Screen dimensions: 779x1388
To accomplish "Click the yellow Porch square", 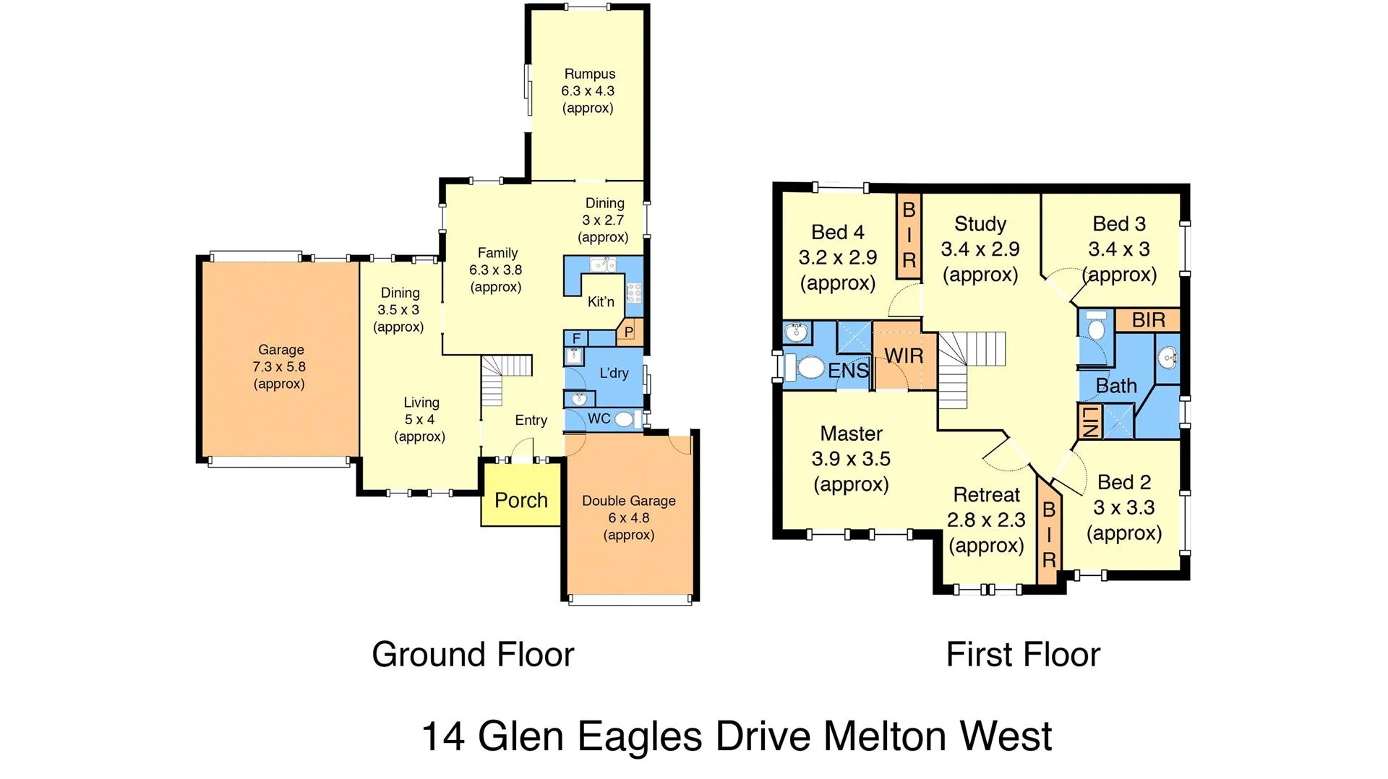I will pyautogui.click(x=521, y=495).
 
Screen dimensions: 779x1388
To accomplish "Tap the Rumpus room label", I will pyautogui.click(x=589, y=74).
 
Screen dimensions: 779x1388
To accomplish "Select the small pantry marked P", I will pyautogui.click(x=629, y=332).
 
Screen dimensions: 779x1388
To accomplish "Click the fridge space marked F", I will pyautogui.click(x=576, y=338).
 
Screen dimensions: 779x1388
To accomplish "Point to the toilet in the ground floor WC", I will pyautogui.click(x=623, y=418).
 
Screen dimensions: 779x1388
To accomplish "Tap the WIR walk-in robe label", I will pyautogui.click(x=904, y=356).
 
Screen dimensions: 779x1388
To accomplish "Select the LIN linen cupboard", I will pyautogui.click(x=1089, y=421).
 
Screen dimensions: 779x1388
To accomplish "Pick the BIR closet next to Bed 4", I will pyautogui.click(x=909, y=236).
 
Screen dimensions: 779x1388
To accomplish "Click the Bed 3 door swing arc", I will pyautogui.click(x=1063, y=282).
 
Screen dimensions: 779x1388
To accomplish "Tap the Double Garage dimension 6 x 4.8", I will pyautogui.click(x=628, y=517).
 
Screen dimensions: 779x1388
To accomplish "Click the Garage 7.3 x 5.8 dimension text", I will pyautogui.click(x=279, y=366).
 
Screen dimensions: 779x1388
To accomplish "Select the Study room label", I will pyautogui.click(x=980, y=224).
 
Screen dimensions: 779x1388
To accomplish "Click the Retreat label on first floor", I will pyautogui.click(x=986, y=495).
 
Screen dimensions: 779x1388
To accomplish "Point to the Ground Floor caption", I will pyautogui.click(x=472, y=654).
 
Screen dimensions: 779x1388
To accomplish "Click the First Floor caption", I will pyautogui.click(x=1022, y=654).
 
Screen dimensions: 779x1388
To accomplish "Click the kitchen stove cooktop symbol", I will pyautogui.click(x=634, y=293).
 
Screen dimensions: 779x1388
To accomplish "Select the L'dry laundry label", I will pyautogui.click(x=614, y=373).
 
